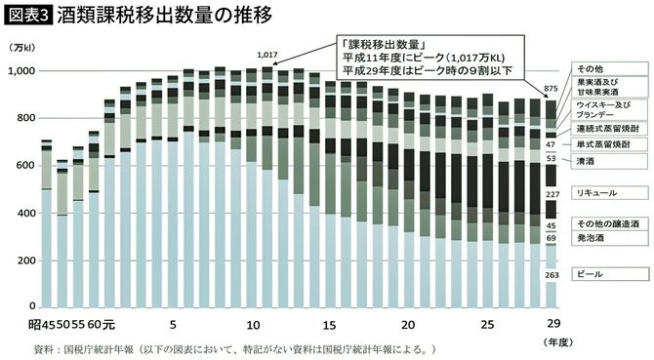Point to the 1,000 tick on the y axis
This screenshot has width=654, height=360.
pyautogui.click(x=19, y=71)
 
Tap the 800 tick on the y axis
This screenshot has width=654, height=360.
pyautogui.click(x=23, y=119)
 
